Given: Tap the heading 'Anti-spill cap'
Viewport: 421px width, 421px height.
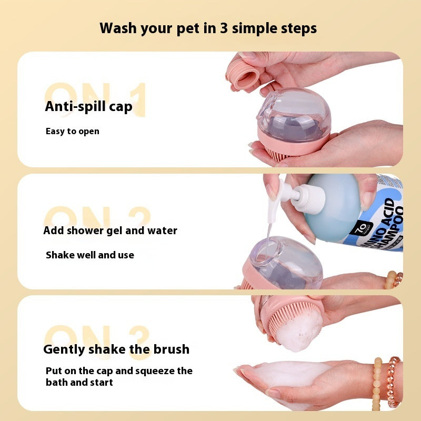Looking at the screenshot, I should pyautogui.click(x=88, y=106).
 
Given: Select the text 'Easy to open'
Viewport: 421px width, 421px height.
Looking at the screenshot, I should pyautogui.click(x=72, y=131).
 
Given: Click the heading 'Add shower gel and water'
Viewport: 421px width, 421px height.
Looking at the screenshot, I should pyautogui.click(x=110, y=230).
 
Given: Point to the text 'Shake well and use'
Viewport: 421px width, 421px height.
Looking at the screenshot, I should pyautogui.click(x=89, y=255).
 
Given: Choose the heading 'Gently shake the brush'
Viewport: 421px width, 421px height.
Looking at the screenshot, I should pyautogui.click(x=116, y=349).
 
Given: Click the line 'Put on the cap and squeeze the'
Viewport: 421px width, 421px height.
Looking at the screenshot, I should pyautogui.click(x=119, y=371).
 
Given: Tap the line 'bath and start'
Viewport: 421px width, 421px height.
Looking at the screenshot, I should pyautogui.click(x=79, y=383).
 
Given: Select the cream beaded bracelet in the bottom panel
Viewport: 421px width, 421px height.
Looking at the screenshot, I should pyautogui.click(x=377, y=384).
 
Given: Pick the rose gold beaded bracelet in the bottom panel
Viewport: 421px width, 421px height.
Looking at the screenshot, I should pyautogui.click(x=393, y=382).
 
